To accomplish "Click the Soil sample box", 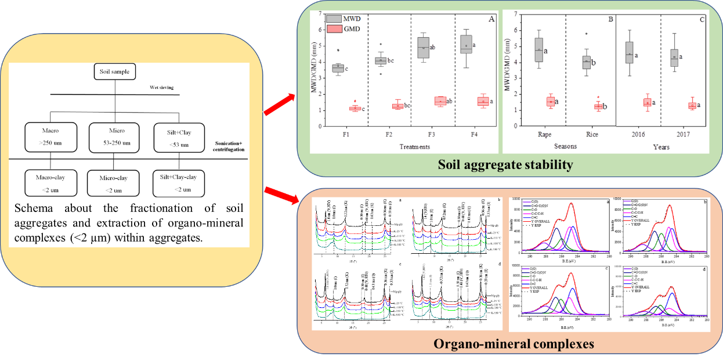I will pos(115,72).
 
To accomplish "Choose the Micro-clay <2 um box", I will pos(114,184).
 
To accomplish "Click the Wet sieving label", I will pos(162,88).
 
